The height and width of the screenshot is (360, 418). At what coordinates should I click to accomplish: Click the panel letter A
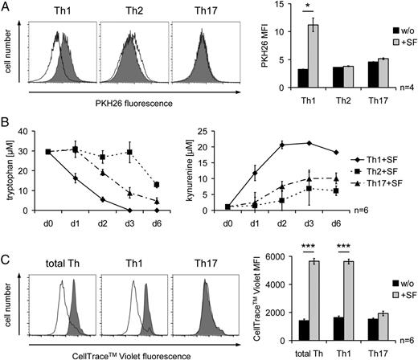(6, 7)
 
